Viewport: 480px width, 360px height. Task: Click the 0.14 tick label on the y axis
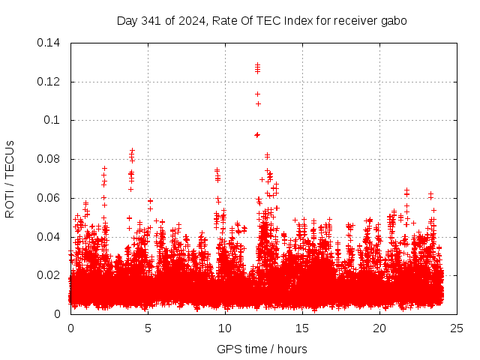[49, 43]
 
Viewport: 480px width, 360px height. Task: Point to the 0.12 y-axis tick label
[49, 81]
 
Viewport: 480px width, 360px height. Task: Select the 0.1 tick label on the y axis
[52, 120]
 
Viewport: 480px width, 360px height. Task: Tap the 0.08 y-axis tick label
[49, 159]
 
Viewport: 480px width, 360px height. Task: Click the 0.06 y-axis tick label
[49, 198]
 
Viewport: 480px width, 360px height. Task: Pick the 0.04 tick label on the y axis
[49, 237]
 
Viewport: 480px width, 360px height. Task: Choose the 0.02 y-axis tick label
[49, 275]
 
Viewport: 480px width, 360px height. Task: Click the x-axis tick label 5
[148, 328]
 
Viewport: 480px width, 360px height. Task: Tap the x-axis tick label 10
[225, 328]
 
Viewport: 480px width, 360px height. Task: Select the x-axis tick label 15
[302, 328]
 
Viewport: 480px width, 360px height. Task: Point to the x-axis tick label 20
[379, 328]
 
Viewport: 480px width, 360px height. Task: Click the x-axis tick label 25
[457, 328]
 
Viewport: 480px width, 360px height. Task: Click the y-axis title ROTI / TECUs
[10, 178]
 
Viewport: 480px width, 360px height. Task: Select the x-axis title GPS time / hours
[262, 349]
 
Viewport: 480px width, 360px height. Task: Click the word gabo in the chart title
[394, 21]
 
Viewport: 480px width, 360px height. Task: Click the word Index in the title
[291, 21]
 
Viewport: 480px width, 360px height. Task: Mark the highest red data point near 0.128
[257, 64]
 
